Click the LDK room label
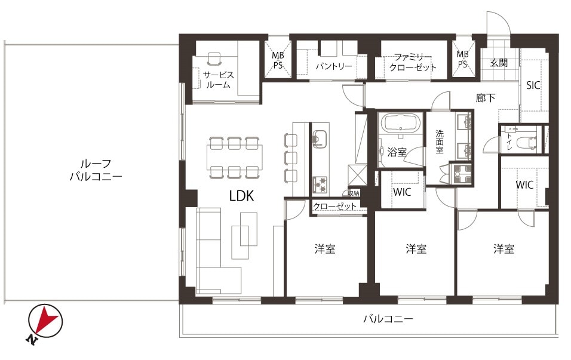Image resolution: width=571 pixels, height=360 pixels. click(241, 196)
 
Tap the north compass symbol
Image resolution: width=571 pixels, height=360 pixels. click(45, 322)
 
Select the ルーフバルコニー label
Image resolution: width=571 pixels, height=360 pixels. click(96, 170)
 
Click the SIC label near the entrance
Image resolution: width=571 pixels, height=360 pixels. click(533, 85)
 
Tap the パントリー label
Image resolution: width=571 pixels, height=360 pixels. click(333, 66)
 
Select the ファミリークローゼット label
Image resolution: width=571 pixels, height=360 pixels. click(413, 62)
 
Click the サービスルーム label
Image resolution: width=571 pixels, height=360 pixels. click(219, 80)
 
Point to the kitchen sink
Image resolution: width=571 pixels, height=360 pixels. click(320, 139)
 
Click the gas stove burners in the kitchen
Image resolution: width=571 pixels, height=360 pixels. click(320, 185)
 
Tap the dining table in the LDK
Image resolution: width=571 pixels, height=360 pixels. click(235, 157)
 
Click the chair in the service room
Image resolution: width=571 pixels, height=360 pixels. click(214, 59)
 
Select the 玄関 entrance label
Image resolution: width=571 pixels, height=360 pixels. click(499, 63)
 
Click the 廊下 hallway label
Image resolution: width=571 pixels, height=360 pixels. click(486, 97)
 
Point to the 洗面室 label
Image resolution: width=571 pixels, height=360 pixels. click(440, 141)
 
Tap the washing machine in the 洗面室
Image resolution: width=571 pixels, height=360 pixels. click(461, 173)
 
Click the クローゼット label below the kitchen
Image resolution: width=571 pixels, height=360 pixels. click(334, 207)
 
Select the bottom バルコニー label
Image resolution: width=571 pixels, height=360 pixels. click(388, 319)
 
